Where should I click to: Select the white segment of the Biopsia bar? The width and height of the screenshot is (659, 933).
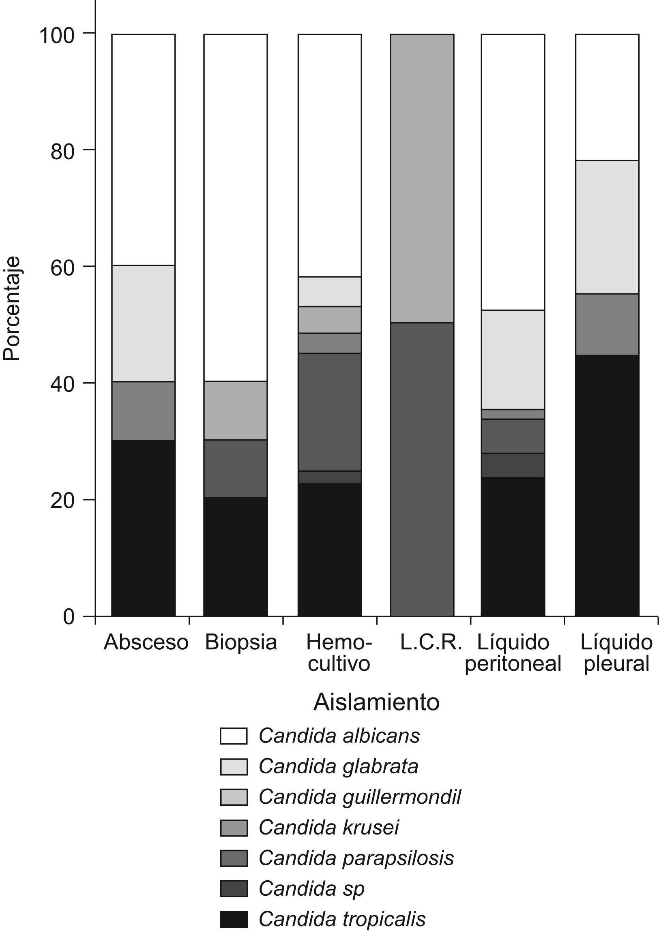point(235,207)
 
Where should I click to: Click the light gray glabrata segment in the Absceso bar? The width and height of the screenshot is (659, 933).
point(144,323)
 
